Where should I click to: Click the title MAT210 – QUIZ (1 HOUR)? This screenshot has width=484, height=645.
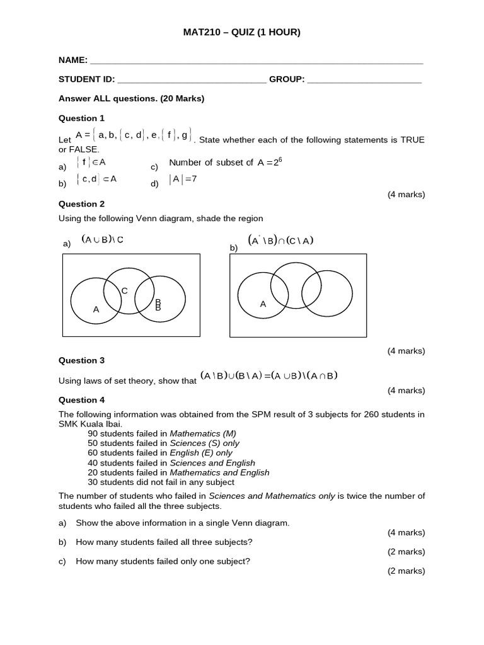tap(241, 32)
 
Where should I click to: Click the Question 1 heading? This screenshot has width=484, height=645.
tap(82, 118)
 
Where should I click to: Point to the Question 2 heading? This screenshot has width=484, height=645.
tap(82, 203)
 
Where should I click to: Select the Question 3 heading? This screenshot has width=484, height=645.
tap(82, 360)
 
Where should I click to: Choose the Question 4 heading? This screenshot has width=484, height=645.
tap(82, 399)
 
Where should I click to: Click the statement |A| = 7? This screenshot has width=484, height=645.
tap(183, 179)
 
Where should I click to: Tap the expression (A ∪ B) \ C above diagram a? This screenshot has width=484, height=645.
tap(102, 239)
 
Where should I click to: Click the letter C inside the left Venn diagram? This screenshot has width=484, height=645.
tap(124, 290)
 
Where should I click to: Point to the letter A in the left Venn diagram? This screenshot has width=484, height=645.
tap(96, 309)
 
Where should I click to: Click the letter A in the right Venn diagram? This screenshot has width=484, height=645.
tap(263, 304)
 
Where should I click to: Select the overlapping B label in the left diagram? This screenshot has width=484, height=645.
tap(158, 305)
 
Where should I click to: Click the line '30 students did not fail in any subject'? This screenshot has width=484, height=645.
tap(161, 482)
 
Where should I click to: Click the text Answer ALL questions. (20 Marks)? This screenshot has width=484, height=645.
tap(131, 98)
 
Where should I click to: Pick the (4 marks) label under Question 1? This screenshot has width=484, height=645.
tap(406, 194)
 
